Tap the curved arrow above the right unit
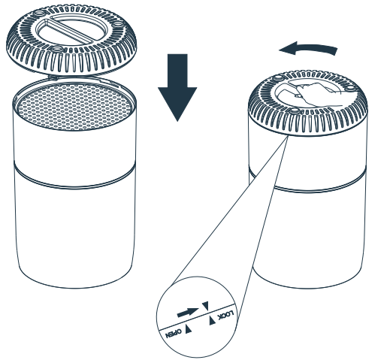310,48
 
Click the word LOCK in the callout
225,316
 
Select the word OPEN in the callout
174,334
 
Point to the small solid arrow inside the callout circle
188,313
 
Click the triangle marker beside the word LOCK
212,320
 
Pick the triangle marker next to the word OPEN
189,329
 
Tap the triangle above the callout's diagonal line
205,306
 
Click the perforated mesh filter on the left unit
74,107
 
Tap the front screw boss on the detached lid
56,49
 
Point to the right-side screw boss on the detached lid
118,25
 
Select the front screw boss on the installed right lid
295,110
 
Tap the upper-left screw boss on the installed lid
277,77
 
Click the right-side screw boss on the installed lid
351,88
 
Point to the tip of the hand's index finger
297,95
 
